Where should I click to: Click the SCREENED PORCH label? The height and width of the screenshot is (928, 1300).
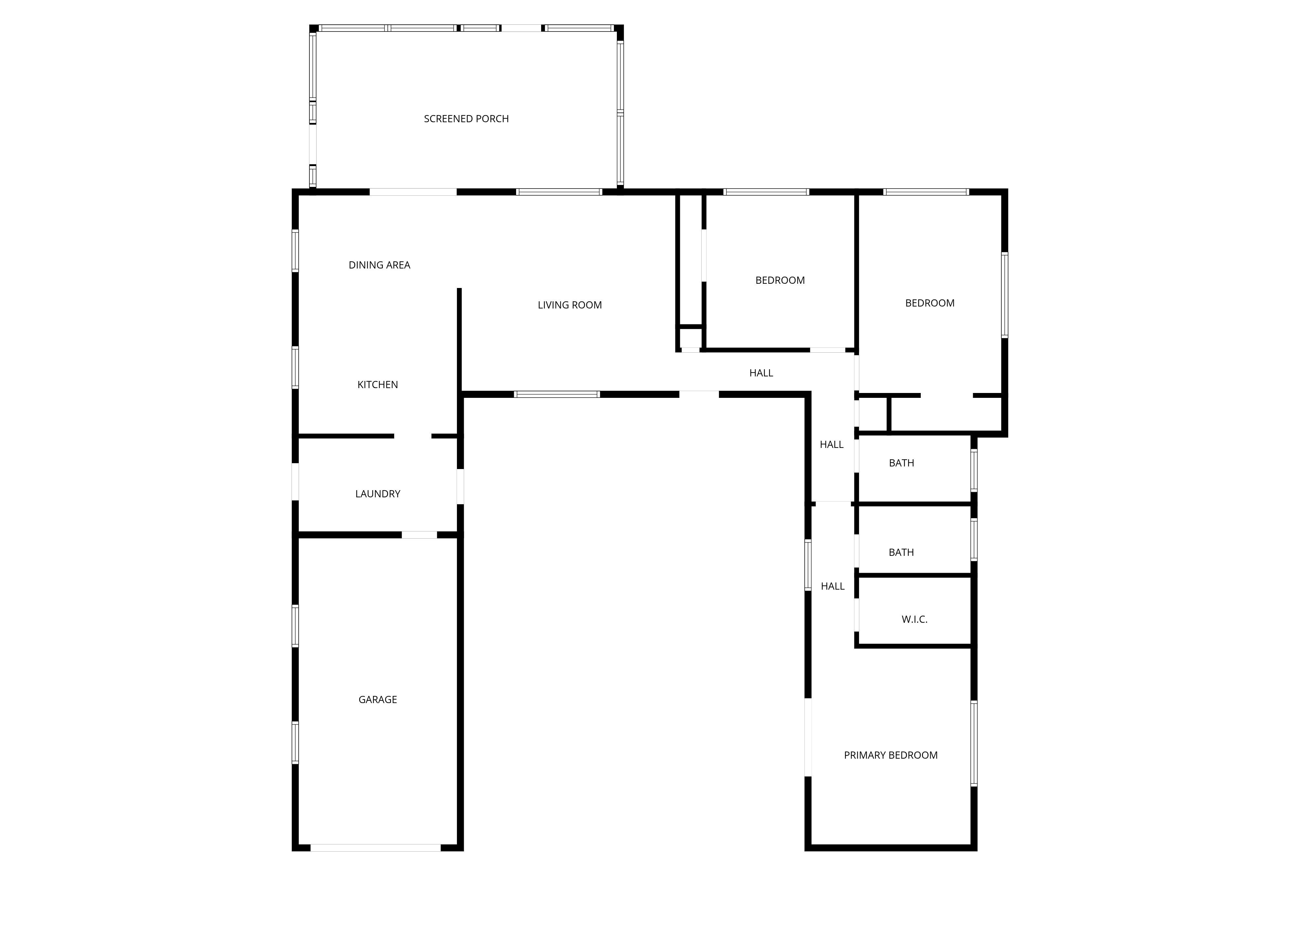[x=466, y=119]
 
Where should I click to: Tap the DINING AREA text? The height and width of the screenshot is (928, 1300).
[x=379, y=265]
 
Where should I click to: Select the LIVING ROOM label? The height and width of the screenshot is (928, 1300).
[x=569, y=305]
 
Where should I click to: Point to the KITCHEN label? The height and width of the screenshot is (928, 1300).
[x=378, y=385]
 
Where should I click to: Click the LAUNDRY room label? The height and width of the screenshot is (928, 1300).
[x=378, y=494]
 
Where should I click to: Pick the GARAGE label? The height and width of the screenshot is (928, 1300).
[x=378, y=699]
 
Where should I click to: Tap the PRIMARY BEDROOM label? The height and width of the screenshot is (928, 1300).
[x=890, y=755]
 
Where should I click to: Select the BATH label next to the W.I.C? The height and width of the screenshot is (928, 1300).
[x=901, y=553]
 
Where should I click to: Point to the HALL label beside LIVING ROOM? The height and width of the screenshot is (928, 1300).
[x=761, y=373]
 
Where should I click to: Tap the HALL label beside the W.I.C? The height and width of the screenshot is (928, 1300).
[x=832, y=586]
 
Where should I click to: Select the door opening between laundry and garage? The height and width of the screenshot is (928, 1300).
[x=419, y=535]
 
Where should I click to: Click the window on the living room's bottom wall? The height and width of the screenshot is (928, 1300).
[x=557, y=394]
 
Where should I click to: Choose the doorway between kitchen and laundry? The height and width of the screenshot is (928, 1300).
[x=412, y=437]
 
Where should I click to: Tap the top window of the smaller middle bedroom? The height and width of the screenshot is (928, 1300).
[x=766, y=192]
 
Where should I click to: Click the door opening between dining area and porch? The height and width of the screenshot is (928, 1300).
[x=413, y=192]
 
